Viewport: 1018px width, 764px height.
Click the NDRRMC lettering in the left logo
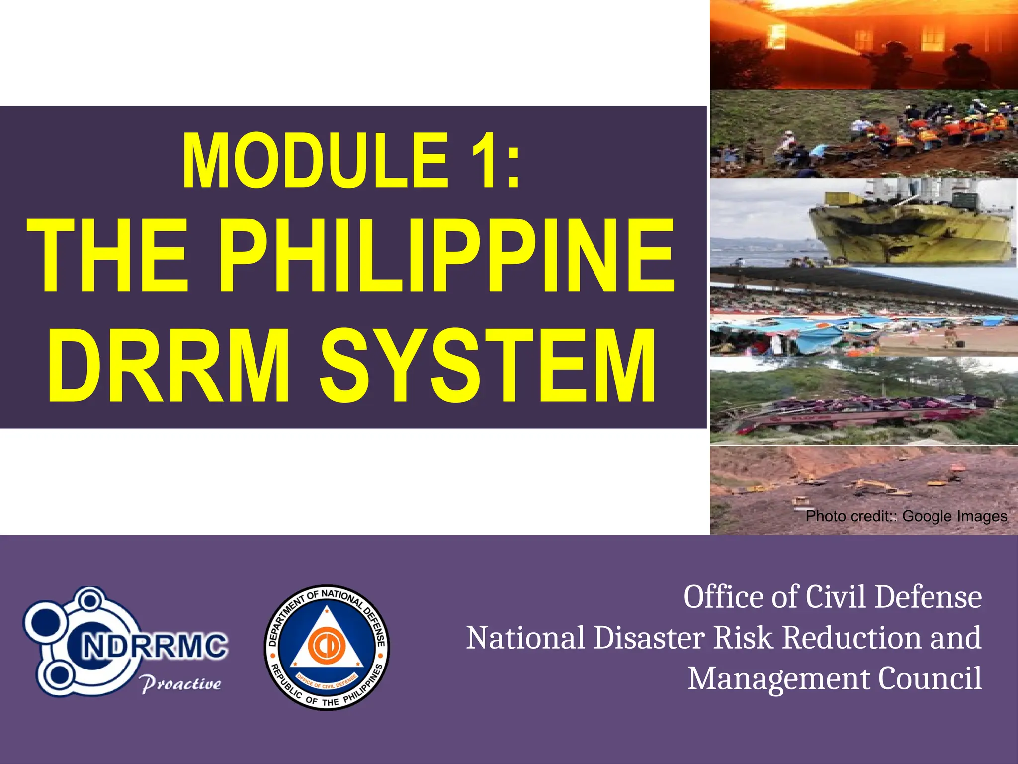(x=154, y=646)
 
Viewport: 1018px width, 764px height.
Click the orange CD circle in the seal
(x=327, y=645)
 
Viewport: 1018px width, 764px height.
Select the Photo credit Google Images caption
(x=906, y=516)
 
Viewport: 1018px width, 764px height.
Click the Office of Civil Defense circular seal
(x=327, y=647)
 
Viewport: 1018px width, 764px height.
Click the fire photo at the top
(x=863, y=45)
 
